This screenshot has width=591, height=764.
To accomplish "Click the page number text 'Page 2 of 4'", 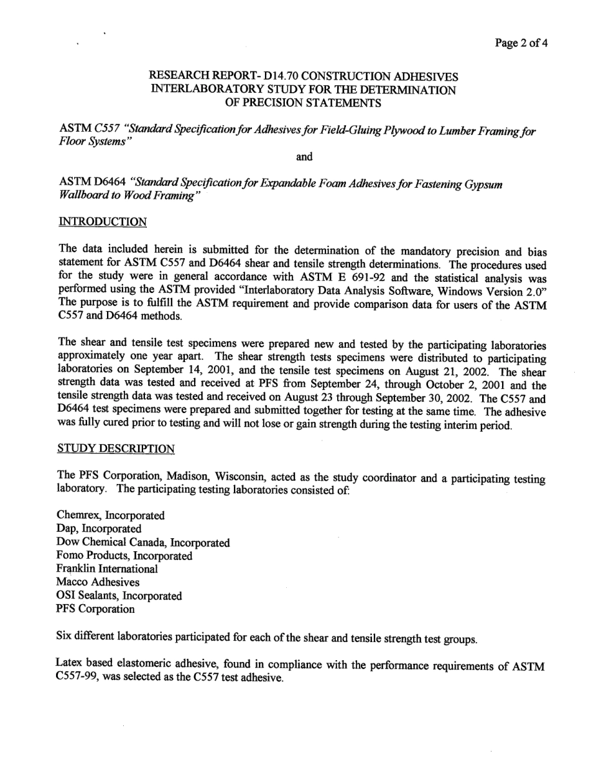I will click(x=521, y=43).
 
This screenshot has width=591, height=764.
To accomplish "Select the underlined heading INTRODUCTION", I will click(x=103, y=221).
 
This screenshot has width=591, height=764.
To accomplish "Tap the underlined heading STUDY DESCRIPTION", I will click(x=116, y=448).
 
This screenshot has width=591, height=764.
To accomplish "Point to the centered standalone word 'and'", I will click(x=304, y=157).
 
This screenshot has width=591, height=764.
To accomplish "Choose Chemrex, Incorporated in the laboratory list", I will click(x=111, y=515).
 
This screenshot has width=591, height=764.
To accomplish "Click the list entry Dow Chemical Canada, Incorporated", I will click(x=143, y=543).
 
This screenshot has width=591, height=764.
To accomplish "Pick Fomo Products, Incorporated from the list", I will click(x=124, y=556).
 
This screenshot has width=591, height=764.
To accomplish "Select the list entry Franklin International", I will click(x=107, y=569).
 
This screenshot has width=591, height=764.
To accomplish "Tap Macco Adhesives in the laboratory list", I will click(x=98, y=582).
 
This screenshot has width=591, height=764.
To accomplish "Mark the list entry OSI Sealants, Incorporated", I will click(x=119, y=596).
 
